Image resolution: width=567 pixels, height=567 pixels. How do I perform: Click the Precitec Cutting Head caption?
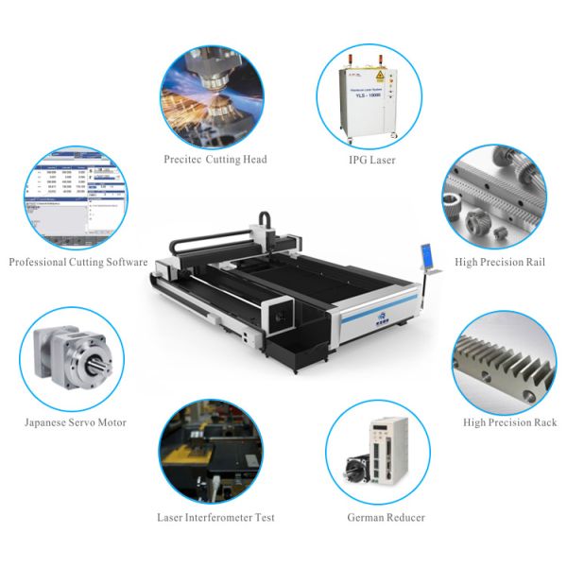(215, 160)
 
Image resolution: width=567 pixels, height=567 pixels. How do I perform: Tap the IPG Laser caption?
(371, 162)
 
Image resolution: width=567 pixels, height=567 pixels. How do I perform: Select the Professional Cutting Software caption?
(77, 262)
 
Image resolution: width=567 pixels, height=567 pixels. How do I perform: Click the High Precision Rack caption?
(509, 422)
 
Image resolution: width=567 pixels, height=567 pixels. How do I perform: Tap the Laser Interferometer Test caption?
(216, 518)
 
